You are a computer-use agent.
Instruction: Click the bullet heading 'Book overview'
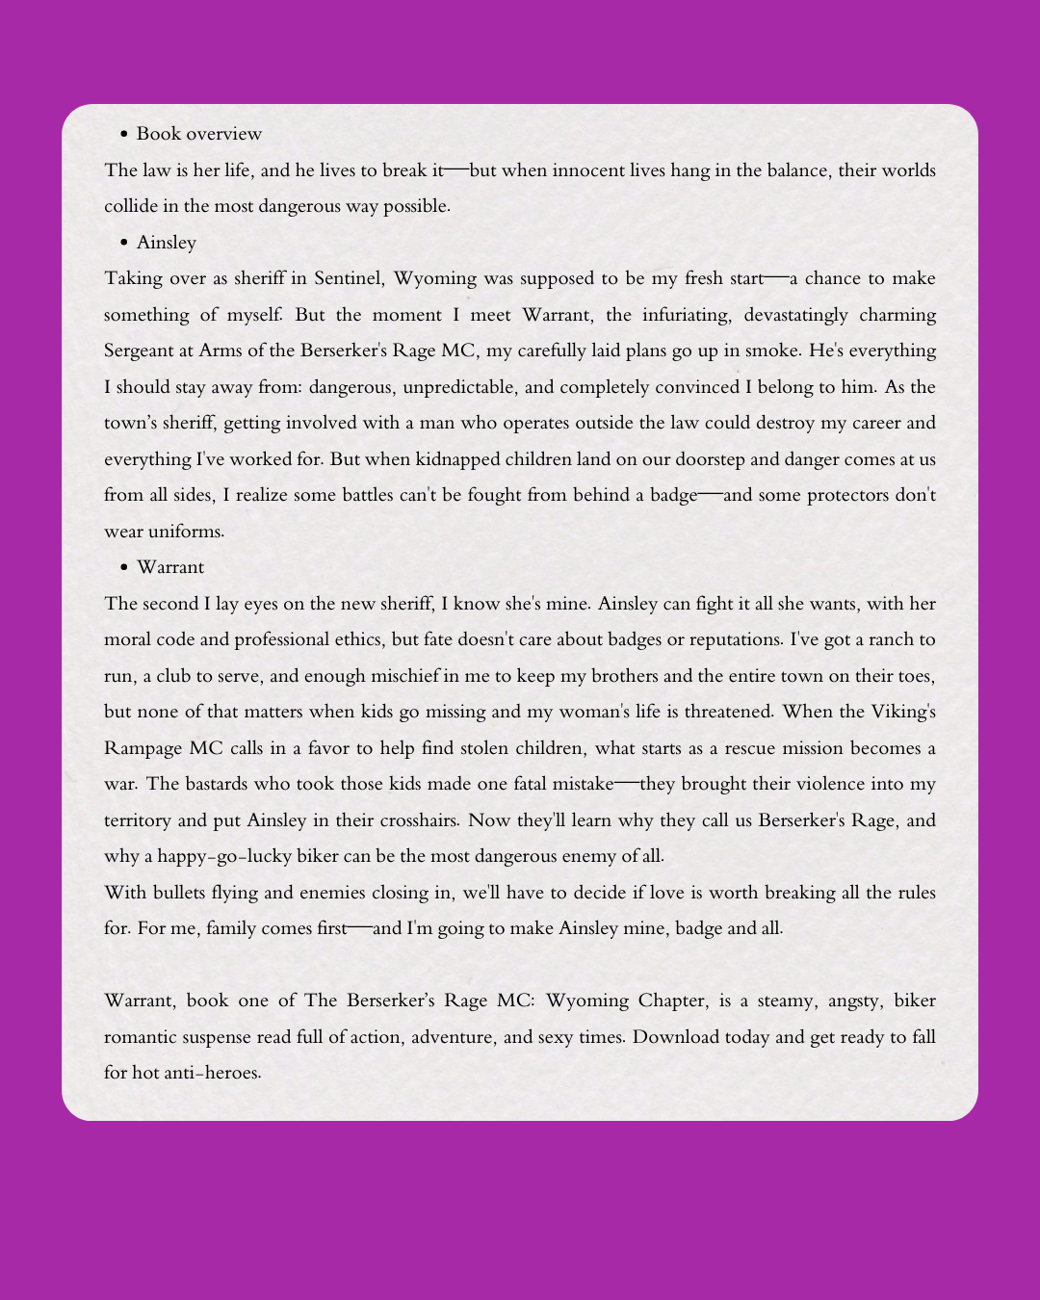tap(198, 134)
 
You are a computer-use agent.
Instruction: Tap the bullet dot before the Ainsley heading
tap(124, 243)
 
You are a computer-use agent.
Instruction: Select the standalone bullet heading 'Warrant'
tap(170, 567)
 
